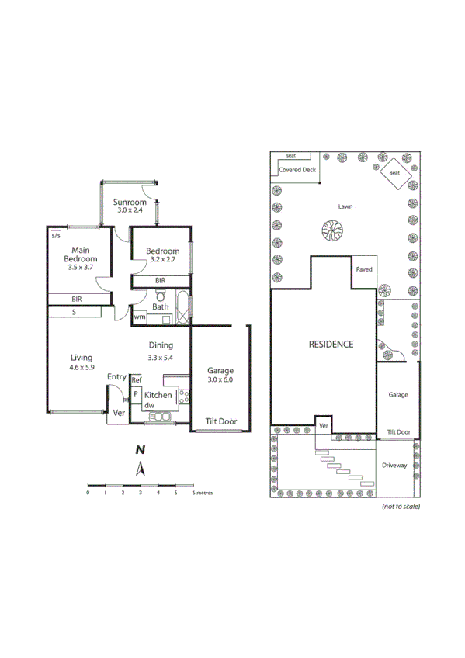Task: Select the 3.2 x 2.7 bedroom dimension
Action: tap(163, 260)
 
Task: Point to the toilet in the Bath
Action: tap(159, 296)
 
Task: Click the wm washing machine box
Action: tap(140, 317)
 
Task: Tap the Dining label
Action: tap(161, 345)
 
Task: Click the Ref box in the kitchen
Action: tap(137, 380)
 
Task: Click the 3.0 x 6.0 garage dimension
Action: tap(220, 379)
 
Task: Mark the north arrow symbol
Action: tap(141, 467)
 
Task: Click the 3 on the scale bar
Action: tap(141, 493)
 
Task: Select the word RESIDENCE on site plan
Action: tap(331, 344)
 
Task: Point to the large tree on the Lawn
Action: tap(333, 230)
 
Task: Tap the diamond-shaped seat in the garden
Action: tap(394, 173)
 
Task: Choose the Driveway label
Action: tap(394, 466)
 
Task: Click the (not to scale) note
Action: tap(401, 507)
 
